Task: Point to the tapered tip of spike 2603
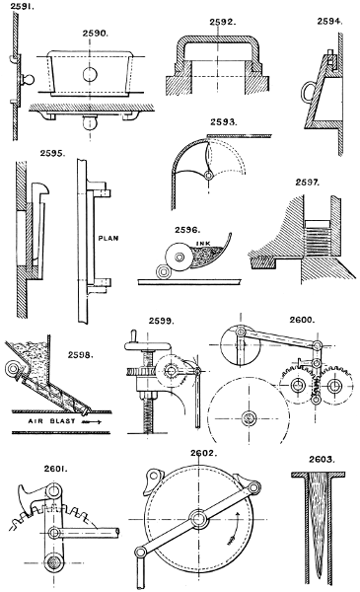coord(320,576)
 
